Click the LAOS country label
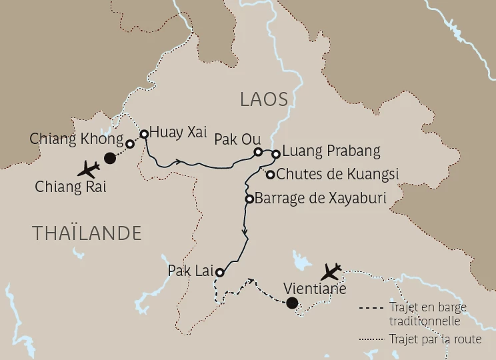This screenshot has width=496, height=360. (264, 100)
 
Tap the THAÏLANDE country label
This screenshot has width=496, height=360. (87, 233)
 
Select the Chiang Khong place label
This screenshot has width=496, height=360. (77, 139)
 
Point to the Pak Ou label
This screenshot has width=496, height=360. (233, 140)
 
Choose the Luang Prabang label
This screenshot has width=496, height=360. (327, 151)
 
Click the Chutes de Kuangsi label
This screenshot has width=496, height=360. (337, 175)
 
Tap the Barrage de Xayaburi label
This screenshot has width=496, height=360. (321, 199)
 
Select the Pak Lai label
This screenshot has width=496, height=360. (191, 270)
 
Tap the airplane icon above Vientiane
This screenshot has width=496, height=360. (331, 271)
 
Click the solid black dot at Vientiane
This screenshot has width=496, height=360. (291, 304)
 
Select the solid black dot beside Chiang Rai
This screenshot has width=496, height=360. (111, 158)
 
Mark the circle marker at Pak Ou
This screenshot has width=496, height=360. (259, 152)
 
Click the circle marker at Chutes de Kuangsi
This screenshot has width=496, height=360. (270, 175)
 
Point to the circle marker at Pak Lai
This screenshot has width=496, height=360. (219, 272)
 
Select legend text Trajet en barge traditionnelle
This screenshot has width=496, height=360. (427, 313)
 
